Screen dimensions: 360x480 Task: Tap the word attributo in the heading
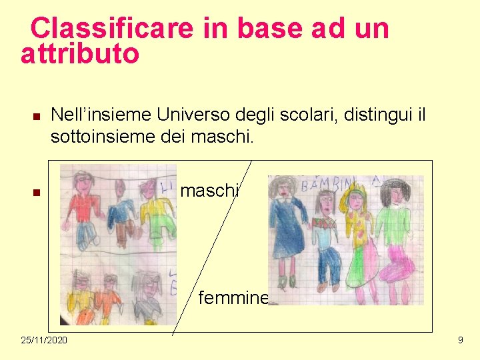80,55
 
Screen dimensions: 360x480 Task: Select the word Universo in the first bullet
199,115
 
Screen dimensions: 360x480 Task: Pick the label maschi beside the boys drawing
209,191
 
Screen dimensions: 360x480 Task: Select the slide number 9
460,341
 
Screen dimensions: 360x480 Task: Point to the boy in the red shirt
85,207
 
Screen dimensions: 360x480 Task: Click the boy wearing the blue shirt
122,213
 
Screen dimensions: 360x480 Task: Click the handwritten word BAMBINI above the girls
330,184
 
